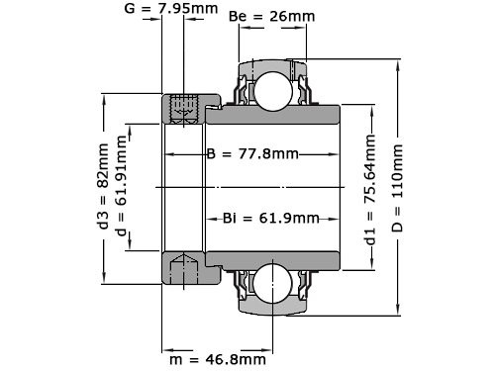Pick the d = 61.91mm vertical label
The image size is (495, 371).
click(123, 186)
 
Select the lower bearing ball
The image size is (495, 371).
click(270, 283)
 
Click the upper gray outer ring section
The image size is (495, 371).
click(270, 64)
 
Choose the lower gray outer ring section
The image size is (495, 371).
click(270, 308)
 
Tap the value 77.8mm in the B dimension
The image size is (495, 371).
click(266, 154)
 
